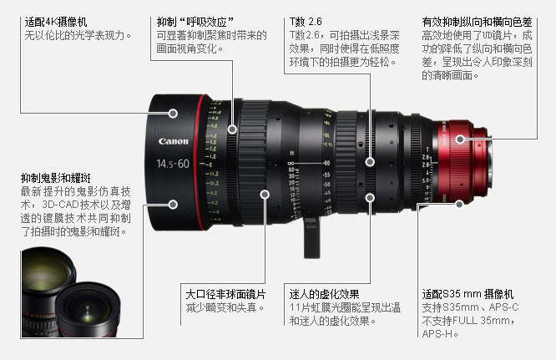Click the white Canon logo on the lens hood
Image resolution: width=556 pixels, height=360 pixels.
click(173, 141)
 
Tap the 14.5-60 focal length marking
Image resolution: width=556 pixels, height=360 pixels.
click(173, 164)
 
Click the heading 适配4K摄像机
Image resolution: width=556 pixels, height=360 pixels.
click(56, 22)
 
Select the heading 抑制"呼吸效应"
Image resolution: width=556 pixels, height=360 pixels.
click(195, 22)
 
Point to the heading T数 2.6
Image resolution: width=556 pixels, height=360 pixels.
click(306, 22)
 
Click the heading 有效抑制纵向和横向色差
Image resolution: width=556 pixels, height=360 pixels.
click(477, 22)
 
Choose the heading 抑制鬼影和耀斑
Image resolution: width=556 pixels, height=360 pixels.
click(56, 178)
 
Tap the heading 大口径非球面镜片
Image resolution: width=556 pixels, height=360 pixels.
click(225, 294)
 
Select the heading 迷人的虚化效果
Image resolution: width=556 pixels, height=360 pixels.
click(324, 294)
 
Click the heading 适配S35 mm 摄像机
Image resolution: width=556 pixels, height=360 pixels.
click(468, 294)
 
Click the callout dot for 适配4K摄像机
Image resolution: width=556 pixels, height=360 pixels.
click(173, 114)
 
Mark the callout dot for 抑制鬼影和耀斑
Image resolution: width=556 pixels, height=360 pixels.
click(173, 205)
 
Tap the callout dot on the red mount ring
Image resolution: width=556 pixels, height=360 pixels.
click(460, 139)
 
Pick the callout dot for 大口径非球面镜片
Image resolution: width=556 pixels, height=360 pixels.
click(265, 195)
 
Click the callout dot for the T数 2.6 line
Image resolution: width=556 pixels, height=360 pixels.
click(370, 162)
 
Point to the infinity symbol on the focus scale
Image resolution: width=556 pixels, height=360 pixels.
click(291, 164)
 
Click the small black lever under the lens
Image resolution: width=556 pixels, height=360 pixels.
click(311, 238)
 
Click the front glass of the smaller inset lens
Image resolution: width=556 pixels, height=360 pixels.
click(88, 308)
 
